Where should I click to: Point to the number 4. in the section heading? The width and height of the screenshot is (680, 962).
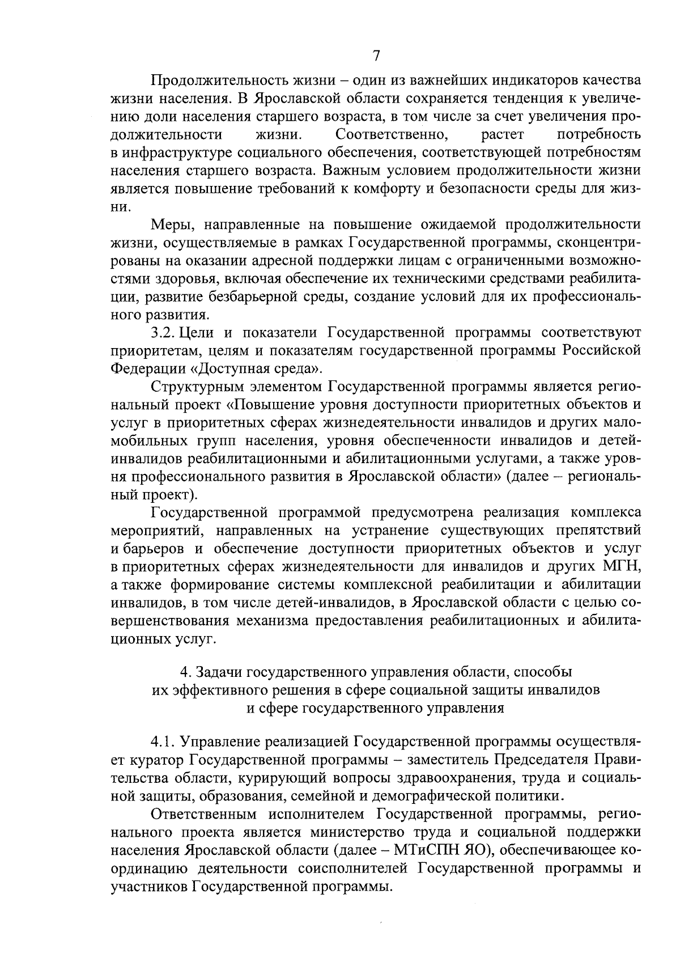click(x=185, y=672)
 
